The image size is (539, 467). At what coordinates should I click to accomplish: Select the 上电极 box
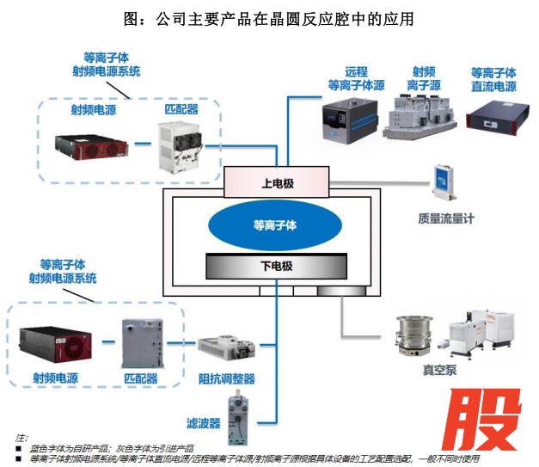275,182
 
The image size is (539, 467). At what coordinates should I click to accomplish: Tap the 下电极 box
276,267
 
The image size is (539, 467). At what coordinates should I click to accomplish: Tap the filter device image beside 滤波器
238,414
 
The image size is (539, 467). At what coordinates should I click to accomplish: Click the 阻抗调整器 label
227,378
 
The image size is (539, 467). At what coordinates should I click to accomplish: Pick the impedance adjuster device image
227,350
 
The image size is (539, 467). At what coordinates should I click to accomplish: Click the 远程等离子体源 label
355,78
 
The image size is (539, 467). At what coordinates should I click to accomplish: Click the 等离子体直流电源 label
493,79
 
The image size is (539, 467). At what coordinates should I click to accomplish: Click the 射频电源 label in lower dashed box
57,378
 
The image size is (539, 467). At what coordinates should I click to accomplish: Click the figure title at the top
269,18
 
